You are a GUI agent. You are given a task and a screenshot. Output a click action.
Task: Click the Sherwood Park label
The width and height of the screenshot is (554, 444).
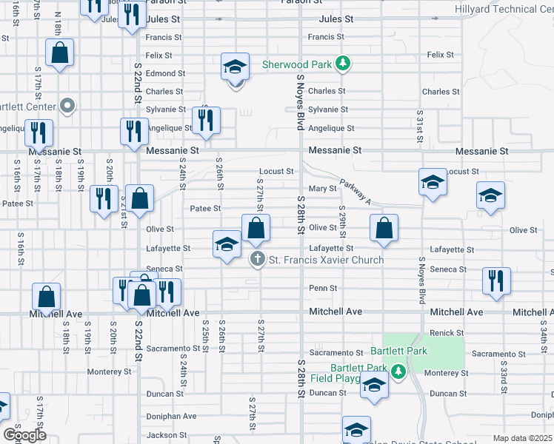pyautogui.click(x=296, y=64)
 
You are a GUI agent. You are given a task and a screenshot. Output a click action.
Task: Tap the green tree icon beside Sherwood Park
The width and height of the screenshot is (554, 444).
pyautogui.click(x=342, y=64)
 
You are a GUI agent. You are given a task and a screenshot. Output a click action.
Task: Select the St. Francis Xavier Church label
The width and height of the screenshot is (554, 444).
pyautogui.click(x=326, y=260)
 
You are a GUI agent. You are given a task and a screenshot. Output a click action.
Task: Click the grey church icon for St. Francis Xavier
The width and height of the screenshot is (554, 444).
pyautogui.click(x=257, y=259)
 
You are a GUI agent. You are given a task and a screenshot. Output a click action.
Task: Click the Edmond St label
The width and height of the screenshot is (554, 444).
pyautogui.click(x=164, y=73)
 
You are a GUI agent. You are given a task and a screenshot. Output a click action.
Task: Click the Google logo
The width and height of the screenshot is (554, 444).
pyautogui.click(x=24, y=434)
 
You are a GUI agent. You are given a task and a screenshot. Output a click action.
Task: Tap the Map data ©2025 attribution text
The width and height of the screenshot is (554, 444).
pyautogui.click(x=523, y=438)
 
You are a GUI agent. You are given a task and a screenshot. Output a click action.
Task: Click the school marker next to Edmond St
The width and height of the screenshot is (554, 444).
pyautogui.click(x=235, y=67)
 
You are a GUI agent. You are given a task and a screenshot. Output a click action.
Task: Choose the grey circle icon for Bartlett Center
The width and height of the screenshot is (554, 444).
pyautogui.click(x=68, y=106)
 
